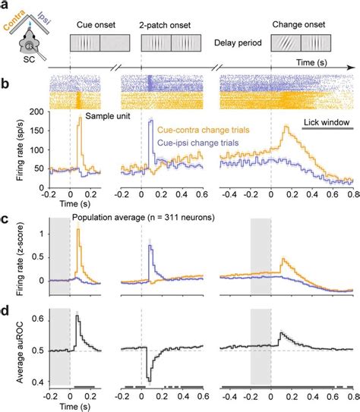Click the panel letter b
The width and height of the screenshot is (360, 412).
click(6, 78)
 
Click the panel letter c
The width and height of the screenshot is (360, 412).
click(6, 221)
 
